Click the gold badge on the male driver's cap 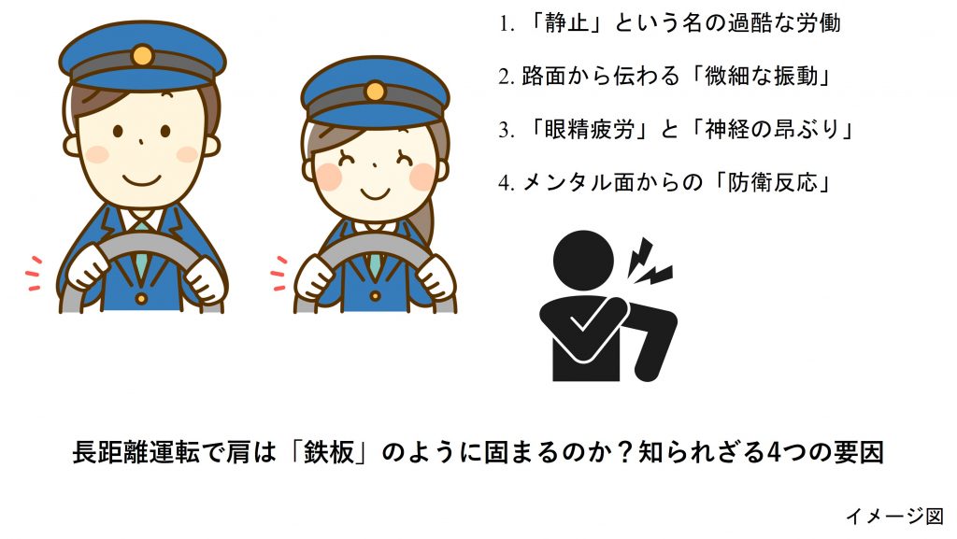pos(142,55)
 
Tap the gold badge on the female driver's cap pos(375,92)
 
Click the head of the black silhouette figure pos(583,260)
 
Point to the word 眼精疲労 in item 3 pos(590,129)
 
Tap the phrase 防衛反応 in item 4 pos(772,182)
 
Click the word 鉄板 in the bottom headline pos(328,452)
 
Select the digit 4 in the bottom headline pos(773,452)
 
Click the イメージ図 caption pos(894,517)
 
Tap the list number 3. pos(504,130)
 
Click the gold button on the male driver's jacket pos(141,299)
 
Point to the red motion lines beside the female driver pos(279,273)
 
